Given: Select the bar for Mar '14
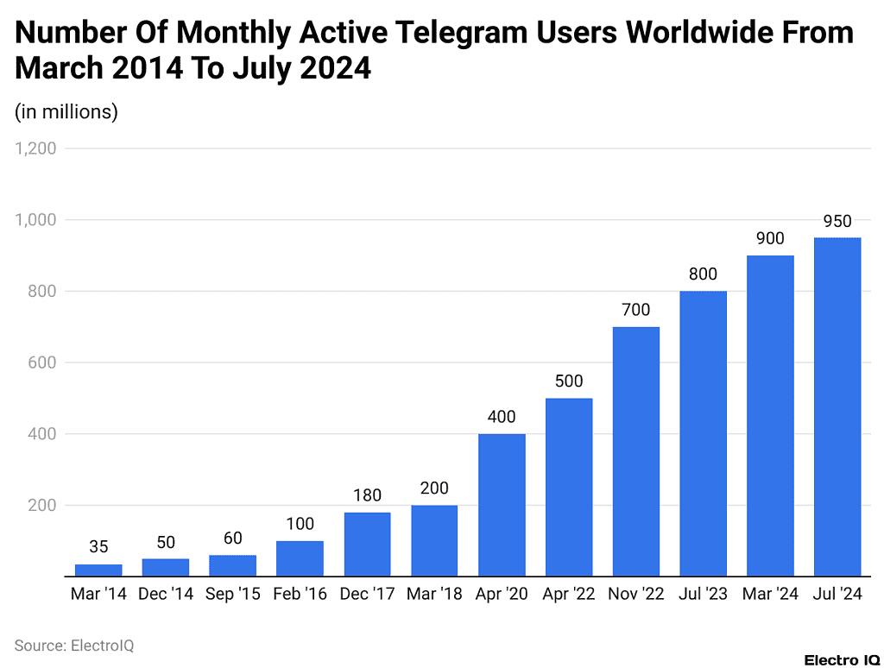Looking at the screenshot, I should tap(98, 570).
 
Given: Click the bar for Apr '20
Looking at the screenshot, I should tap(502, 504).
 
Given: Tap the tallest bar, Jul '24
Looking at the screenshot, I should tap(837, 406).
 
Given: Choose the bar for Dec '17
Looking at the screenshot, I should tap(367, 544).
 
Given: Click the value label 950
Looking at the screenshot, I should tap(837, 223).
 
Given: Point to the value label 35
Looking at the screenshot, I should tap(98, 547).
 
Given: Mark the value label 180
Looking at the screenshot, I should tap(367, 496).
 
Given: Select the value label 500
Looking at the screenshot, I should tap(569, 381).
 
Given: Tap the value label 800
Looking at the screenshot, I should tap(703, 274).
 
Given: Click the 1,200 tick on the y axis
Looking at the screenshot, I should tap(35, 148).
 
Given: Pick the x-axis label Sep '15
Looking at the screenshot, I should tap(233, 595).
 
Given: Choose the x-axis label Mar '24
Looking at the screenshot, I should tap(770, 595).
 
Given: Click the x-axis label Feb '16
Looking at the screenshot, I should tap(300, 595).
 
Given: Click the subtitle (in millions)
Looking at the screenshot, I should tap(66, 111).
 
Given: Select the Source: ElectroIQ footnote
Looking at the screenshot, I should tap(74, 646).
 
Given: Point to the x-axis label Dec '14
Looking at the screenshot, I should tap(166, 595).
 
